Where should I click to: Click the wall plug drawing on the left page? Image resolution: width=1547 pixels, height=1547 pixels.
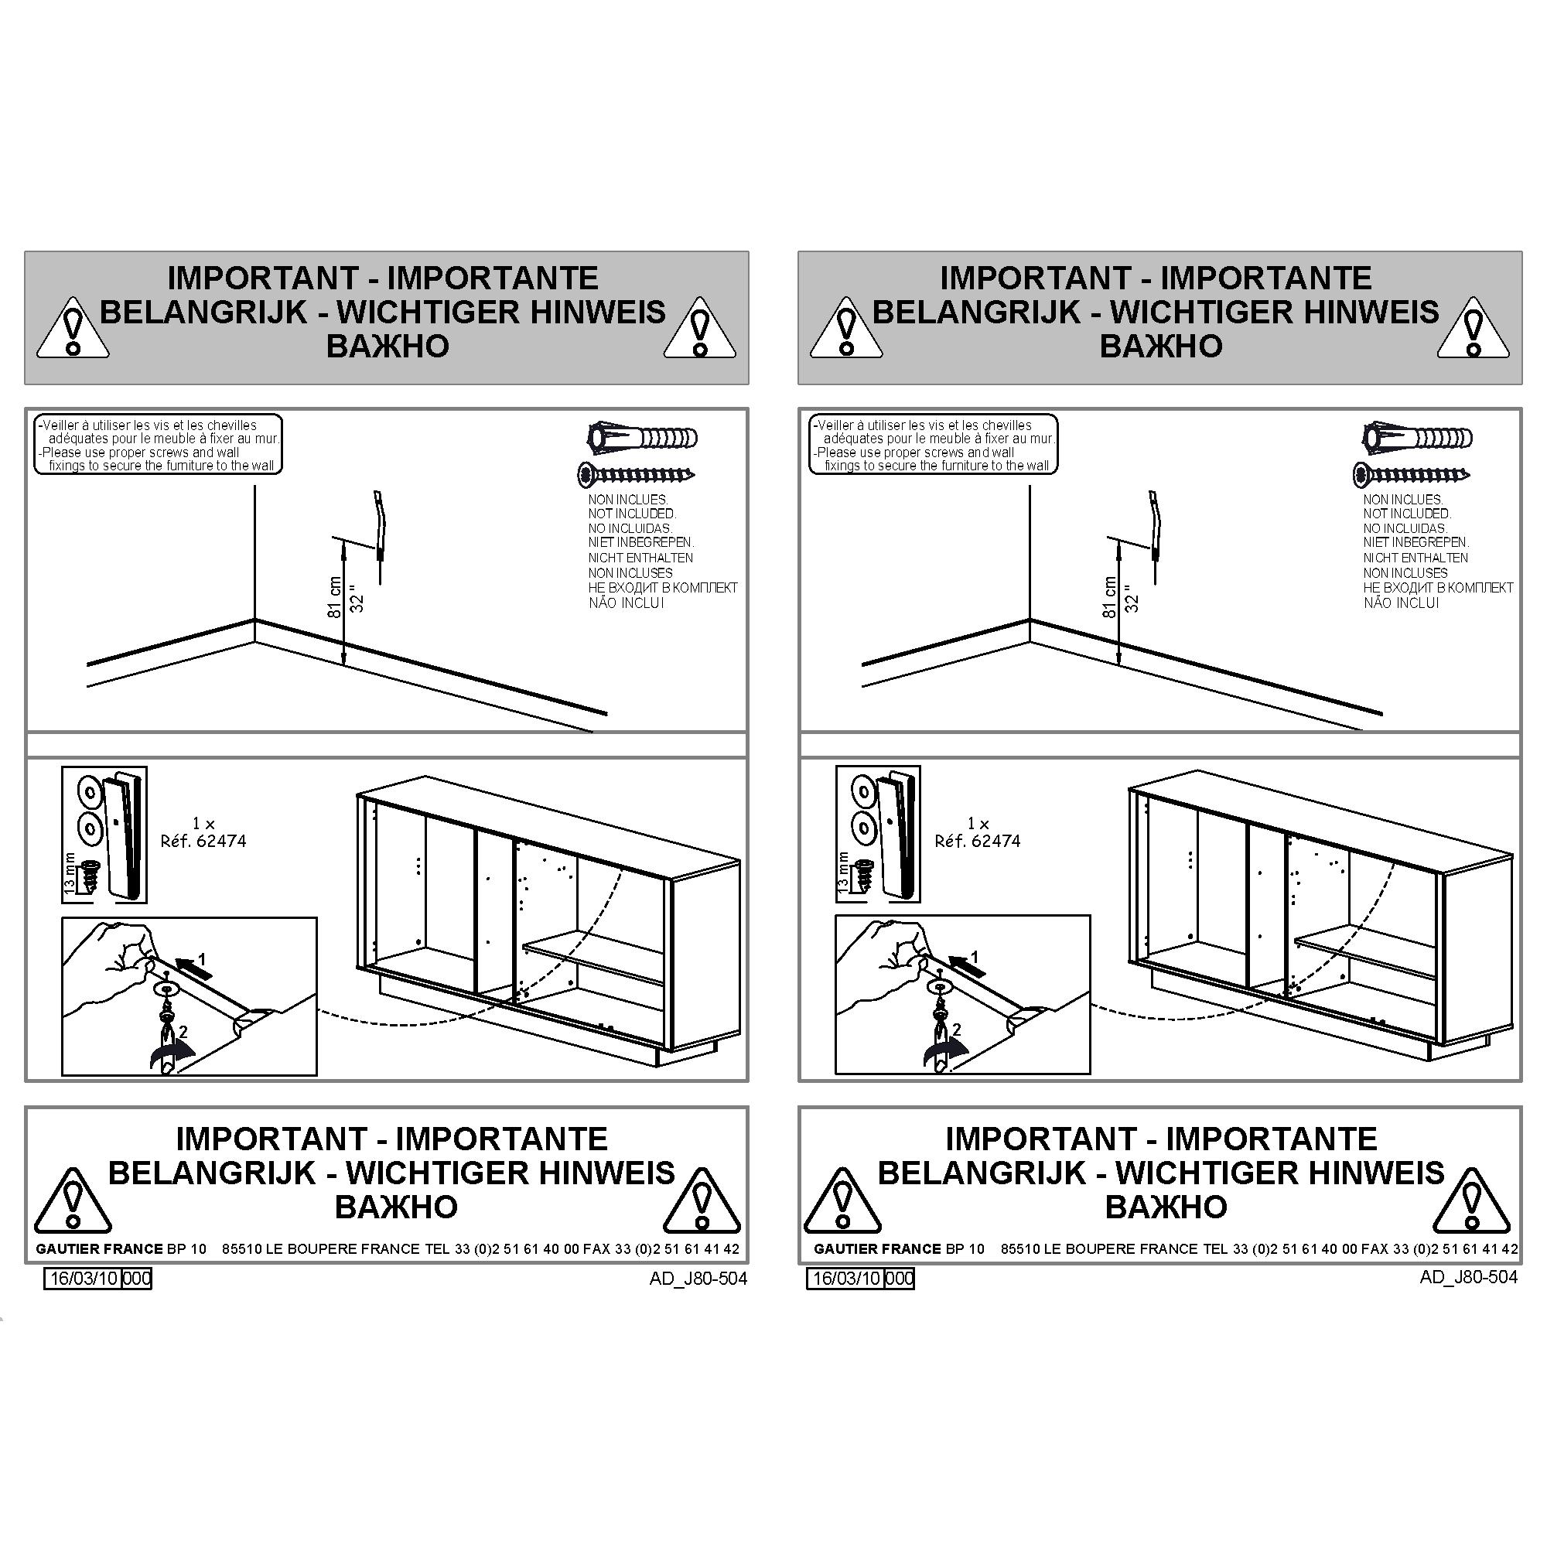[642, 438]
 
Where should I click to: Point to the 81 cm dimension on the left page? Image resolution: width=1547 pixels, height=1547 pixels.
[335, 597]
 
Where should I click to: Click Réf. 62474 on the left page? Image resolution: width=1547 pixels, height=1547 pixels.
[203, 841]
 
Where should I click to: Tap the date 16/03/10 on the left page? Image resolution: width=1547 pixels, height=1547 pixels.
[85, 1279]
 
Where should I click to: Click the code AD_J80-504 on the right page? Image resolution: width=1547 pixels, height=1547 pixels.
[1469, 1277]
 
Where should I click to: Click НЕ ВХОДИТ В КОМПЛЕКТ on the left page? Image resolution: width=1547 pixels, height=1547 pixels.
[663, 588]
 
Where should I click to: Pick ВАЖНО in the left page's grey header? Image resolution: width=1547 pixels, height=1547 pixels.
[388, 346]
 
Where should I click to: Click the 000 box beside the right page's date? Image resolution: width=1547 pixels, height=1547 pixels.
[900, 1279]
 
